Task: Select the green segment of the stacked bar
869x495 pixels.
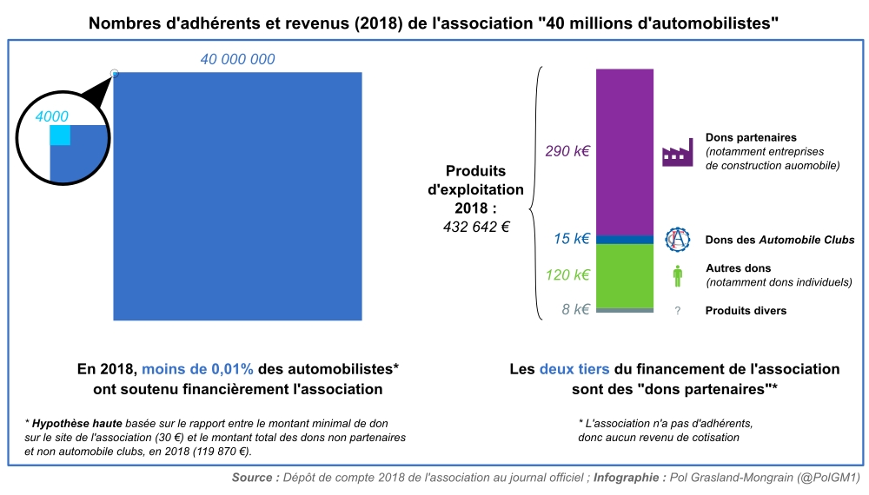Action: click(624, 275)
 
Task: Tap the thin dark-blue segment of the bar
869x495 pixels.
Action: click(624, 240)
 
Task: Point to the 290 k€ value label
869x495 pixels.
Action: click(567, 151)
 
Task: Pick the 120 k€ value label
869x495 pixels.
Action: click(567, 275)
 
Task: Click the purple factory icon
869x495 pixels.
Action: click(677, 152)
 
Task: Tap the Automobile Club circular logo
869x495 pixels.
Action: click(677, 240)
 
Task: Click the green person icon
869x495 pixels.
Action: click(677, 276)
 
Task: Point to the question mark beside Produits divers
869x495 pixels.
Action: click(677, 311)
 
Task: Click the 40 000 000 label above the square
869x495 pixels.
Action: click(237, 60)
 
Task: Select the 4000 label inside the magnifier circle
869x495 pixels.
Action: click(51, 116)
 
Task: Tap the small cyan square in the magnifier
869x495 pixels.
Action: click(60, 136)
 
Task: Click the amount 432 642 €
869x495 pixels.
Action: click(476, 227)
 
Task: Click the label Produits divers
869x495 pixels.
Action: click(746, 311)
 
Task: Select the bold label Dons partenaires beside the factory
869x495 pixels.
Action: click(752, 138)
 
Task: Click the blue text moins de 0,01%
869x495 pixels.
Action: click(198, 369)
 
